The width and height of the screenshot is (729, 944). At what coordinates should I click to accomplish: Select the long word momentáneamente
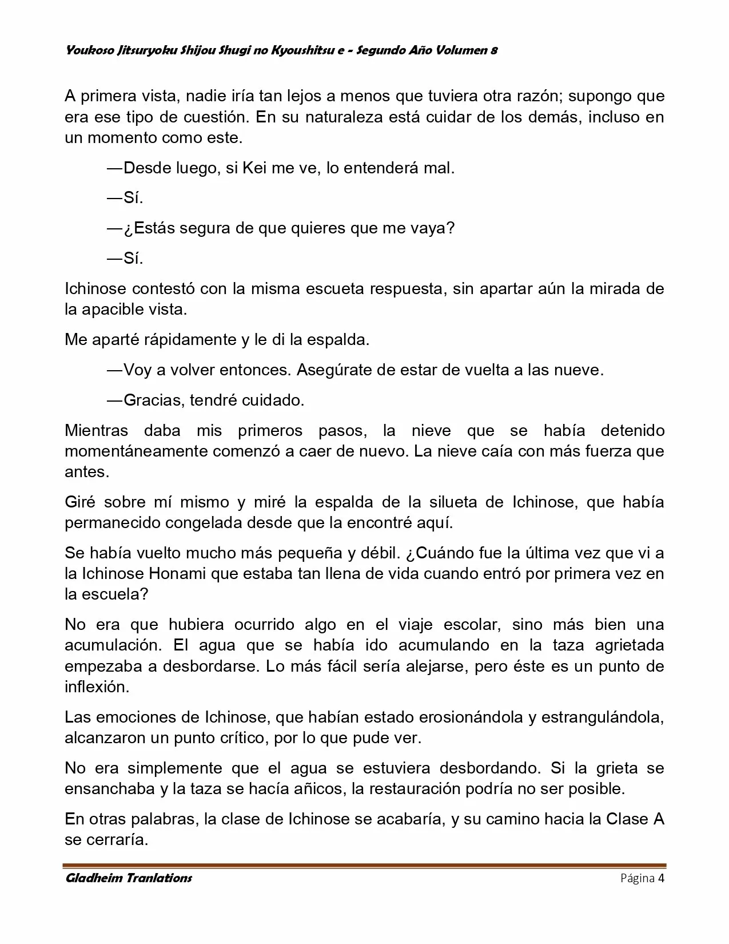pos(136,451)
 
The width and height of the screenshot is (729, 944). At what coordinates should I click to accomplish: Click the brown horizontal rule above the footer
pos(365,866)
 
